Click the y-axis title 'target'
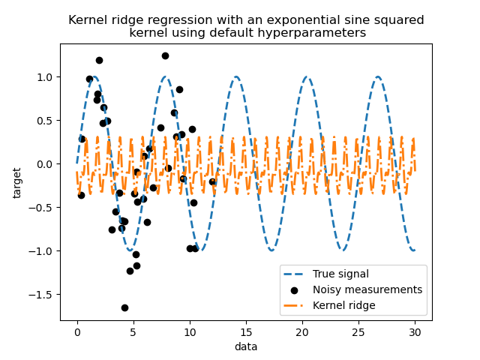[17, 183]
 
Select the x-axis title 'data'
[246, 346]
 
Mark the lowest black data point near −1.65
[124, 307]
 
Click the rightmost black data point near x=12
[212, 181]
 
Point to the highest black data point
[165, 55]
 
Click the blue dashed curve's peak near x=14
[236, 77]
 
